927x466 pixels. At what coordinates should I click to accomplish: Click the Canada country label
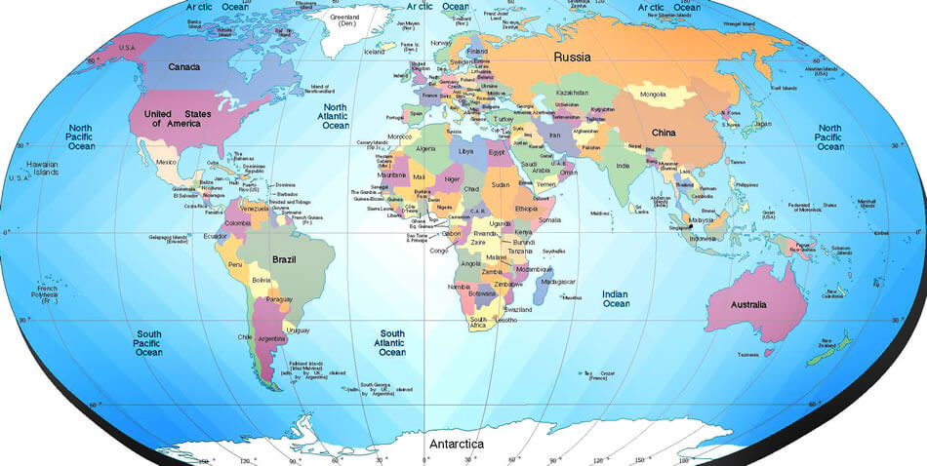coord(183,67)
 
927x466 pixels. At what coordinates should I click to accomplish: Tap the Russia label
coord(572,57)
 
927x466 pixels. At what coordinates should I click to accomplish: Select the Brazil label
coord(285,260)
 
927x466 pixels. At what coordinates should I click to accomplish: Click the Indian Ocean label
coord(615,298)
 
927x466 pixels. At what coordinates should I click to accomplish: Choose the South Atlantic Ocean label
coord(392,342)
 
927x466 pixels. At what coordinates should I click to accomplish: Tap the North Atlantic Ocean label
coord(336,116)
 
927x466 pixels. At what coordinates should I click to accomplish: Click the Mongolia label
coord(653,95)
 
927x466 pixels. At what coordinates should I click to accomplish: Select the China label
coord(664,132)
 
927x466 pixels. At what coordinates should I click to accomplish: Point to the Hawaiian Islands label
coord(42,168)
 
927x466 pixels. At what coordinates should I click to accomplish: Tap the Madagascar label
coord(557,282)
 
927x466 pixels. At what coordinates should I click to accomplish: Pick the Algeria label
coord(425,149)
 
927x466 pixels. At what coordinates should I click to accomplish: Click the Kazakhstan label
coord(572,93)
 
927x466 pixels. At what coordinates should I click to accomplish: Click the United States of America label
coord(177,119)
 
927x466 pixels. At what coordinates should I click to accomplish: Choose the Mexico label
coord(166,162)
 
